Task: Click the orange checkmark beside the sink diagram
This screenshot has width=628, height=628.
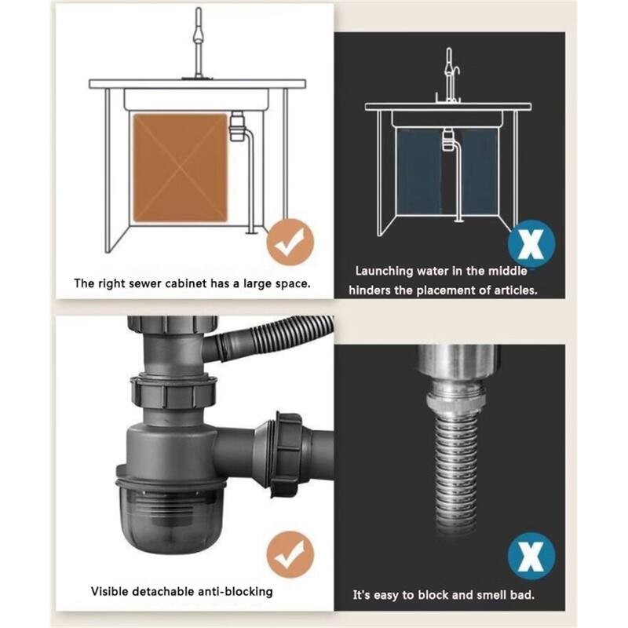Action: click(x=290, y=242)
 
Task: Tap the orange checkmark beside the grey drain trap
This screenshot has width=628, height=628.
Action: click(x=290, y=554)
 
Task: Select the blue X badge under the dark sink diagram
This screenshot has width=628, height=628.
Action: click(x=531, y=243)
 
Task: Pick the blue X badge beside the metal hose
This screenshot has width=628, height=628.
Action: click(x=531, y=556)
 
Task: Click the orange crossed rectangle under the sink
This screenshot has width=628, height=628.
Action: click(x=181, y=168)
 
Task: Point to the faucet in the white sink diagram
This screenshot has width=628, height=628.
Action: click(x=198, y=43)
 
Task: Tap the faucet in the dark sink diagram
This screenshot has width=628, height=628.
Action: click(x=450, y=75)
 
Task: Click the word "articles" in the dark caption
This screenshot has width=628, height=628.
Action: click(x=515, y=290)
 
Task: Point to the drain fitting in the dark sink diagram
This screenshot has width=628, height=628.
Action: click(x=447, y=140)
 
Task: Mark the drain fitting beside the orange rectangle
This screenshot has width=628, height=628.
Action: click(x=237, y=126)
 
